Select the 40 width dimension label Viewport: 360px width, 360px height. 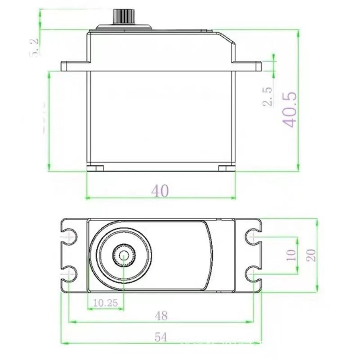(160, 191)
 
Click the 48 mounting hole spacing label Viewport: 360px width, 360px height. (161, 316)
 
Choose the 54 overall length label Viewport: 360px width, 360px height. (161, 337)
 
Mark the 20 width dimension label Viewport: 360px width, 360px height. (311, 255)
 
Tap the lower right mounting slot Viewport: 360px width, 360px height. (252, 274)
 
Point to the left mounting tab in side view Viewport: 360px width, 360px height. (74, 66)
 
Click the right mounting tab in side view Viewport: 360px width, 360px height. (247, 66)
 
